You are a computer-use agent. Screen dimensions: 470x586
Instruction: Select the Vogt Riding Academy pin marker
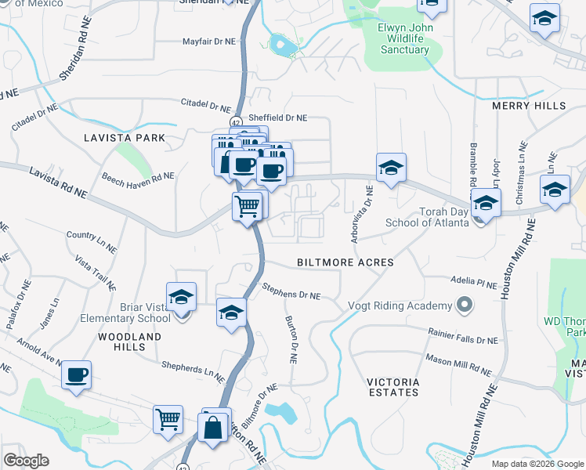tap(465, 305)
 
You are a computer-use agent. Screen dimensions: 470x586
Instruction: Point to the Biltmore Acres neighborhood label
tap(345, 262)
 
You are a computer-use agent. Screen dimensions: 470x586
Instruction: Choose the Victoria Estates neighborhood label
tap(393, 388)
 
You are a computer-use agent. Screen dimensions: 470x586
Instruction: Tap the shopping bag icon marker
tap(213, 428)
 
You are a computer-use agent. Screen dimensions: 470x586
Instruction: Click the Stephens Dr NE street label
tap(291, 291)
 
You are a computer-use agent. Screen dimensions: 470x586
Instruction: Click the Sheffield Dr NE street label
tap(277, 117)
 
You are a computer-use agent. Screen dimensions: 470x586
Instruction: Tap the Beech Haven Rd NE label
tap(137, 177)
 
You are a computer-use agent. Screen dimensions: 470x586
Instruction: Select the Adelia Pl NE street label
tap(475, 281)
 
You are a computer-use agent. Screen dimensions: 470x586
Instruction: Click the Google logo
tap(26, 461)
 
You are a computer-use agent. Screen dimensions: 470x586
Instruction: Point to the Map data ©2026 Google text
tap(537, 464)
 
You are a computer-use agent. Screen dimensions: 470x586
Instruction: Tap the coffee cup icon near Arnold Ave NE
tap(76, 375)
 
